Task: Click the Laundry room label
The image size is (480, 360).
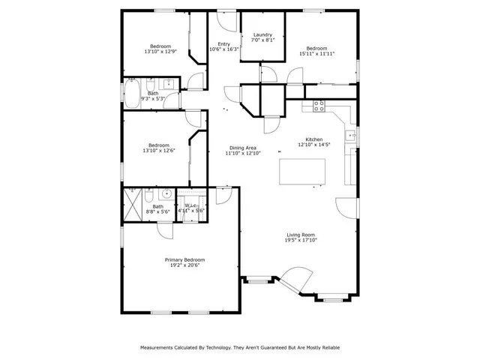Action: coord(262,34)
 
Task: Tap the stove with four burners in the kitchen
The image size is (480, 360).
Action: coord(318,105)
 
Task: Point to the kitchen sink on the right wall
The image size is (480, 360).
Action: coord(350,136)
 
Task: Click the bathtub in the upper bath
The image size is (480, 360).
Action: coord(132,94)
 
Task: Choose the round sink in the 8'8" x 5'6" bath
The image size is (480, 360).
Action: coord(167,194)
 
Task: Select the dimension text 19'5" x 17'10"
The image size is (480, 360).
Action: coord(301,240)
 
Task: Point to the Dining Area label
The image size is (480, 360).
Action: coord(243,148)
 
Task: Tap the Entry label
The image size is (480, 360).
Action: coord(223,44)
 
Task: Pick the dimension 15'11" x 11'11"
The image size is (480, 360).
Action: coord(316,53)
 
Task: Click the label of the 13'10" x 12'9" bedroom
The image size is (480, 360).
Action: coord(160,46)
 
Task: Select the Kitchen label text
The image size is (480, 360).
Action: coord(314,139)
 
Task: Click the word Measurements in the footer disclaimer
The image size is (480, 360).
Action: coord(162,348)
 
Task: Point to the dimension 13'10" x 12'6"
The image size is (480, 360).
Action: coord(159,151)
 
